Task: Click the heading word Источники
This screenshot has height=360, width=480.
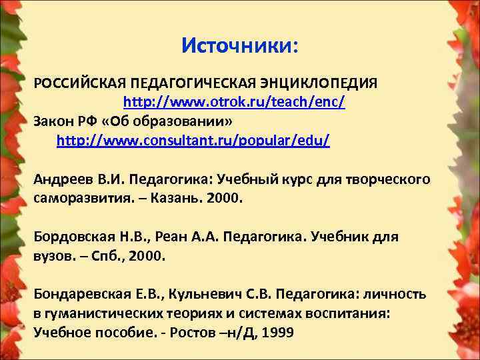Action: pyautogui.click(x=239, y=46)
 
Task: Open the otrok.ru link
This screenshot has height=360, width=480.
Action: pyautogui.click(x=233, y=103)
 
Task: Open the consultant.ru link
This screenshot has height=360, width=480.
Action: pyautogui.click(x=193, y=141)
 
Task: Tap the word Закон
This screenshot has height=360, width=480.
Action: pyautogui.click(x=54, y=122)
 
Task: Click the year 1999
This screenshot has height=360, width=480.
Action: pyautogui.click(x=277, y=332)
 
